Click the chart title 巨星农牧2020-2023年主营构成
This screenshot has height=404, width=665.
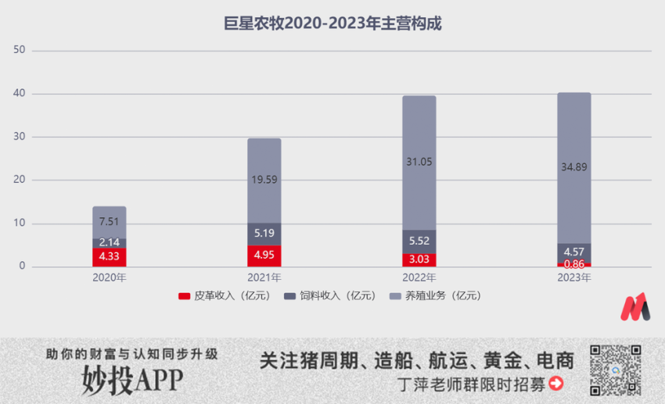coord(332,23)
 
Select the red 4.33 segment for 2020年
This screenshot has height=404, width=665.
coord(109,257)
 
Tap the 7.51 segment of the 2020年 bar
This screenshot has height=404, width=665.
coord(109,222)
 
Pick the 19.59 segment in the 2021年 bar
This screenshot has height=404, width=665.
coord(264,181)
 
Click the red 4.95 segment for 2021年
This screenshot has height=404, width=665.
coord(264,256)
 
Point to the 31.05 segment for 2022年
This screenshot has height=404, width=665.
coord(419,163)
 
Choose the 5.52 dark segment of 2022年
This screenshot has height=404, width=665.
coord(419,241)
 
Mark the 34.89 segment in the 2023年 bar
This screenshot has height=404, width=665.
coord(573,167)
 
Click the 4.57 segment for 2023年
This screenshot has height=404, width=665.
coord(573,252)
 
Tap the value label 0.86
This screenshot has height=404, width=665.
coord(573,264)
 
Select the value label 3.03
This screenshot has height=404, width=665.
coord(419,259)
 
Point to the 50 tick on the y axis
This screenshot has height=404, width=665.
coord(20,50)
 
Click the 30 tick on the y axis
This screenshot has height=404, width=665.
coord(20,137)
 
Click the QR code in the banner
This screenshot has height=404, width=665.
coord(616,370)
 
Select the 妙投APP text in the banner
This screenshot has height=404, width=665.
coord(132,379)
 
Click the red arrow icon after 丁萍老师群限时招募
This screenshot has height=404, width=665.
coord(556,383)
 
